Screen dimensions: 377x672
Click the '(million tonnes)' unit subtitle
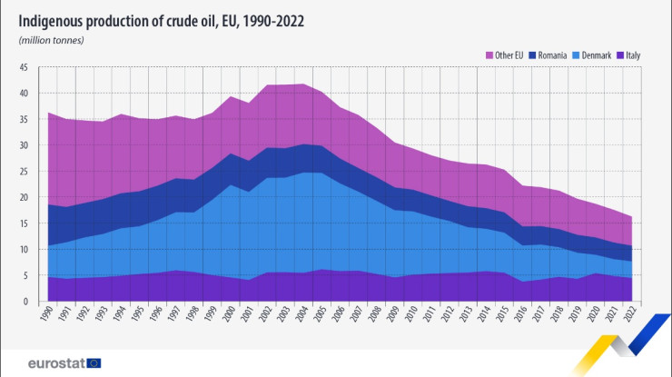click(51, 40)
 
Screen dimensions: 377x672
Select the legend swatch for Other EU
click(488, 55)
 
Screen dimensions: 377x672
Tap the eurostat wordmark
click(52, 362)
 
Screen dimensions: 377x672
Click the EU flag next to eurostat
click(94, 362)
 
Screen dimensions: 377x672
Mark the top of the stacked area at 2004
click(303, 84)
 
